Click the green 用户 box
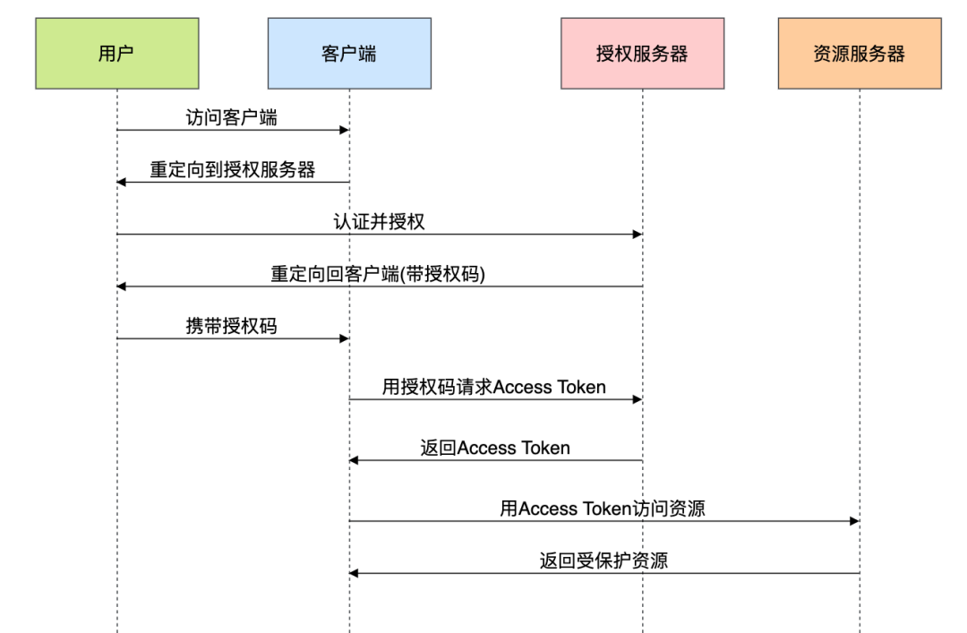pyautogui.click(x=116, y=54)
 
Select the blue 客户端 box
pyautogui.click(x=349, y=54)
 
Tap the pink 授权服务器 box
pyautogui.click(x=642, y=54)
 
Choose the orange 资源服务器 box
pyautogui.click(x=860, y=54)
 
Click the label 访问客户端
pyautogui.click(x=232, y=117)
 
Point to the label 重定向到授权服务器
pyautogui.click(x=232, y=169)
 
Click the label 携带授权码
pyautogui.click(x=232, y=326)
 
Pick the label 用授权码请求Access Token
pyautogui.click(x=494, y=387)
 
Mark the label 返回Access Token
pyautogui.click(x=495, y=448)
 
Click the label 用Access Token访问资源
pyautogui.click(x=603, y=509)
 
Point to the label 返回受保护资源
pyautogui.click(x=603, y=561)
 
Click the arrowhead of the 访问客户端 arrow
pyautogui.click(x=344, y=131)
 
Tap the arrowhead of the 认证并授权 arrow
pyautogui.click(x=637, y=235)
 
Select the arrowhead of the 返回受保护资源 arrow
pyautogui.click(x=355, y=573)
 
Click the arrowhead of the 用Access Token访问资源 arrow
pyautogui.click(x=854, y=521)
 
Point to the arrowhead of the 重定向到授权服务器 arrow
pyautogui.click(x=122, y=183)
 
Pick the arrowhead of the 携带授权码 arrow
pyautogui.click(x=344, y=338)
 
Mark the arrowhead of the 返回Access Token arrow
pyautogui.click(x=355, y=460)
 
